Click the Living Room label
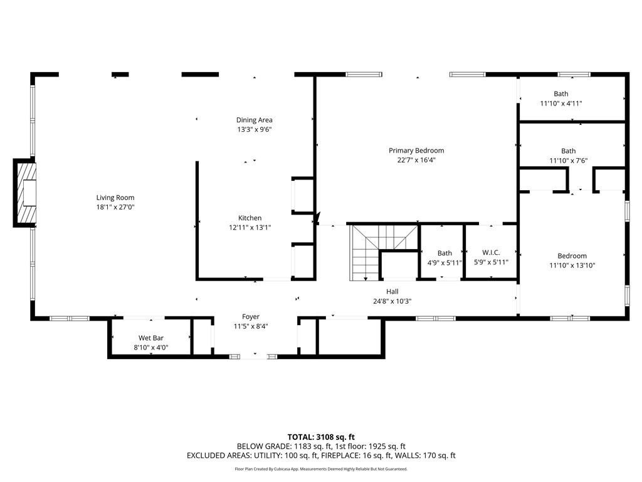(115, 198)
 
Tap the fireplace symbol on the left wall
(26, 193)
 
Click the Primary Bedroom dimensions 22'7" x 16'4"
(416, 160)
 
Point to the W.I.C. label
(491, 253)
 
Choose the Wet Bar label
(149, 338)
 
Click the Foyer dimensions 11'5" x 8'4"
(251, 326)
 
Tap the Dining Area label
(254, 120)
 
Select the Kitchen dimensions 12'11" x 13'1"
(250, 228)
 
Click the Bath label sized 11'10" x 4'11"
(560, 94)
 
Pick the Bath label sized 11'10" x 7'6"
(568, 151)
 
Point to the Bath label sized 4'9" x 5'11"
(445, 253)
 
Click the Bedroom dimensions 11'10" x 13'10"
(572, 265)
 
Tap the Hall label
(392, 291)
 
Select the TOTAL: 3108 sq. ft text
(321, 436)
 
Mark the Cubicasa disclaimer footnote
(321, 469)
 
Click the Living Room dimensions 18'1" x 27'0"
(115, 208)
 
